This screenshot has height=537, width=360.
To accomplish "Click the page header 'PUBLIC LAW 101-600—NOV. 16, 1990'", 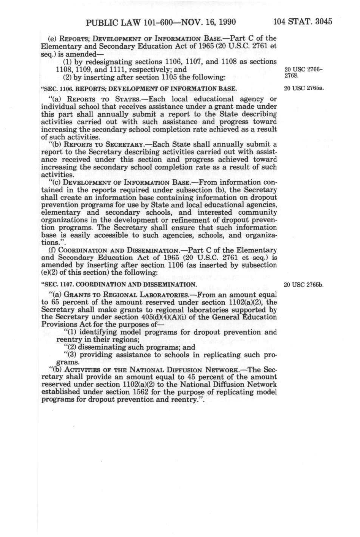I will tap(161, 22).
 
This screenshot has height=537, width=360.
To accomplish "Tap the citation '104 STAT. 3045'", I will tap(303, 21).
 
